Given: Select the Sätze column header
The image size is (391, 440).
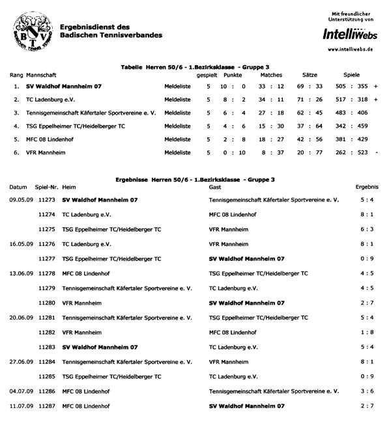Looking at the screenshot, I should click(x=310, y=76).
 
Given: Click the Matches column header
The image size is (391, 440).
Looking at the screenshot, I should click(x=271, y=76).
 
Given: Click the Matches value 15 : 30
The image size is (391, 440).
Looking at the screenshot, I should click(x=271, y=126).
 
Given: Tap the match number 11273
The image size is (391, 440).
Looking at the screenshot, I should click(x=46, y=200).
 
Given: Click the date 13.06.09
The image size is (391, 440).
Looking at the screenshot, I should click(x=18, y=273).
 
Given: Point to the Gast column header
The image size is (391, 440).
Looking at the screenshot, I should click(x=215, y=187).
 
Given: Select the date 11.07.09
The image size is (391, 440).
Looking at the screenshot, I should click(x=18, y=406).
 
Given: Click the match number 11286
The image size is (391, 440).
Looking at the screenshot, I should click(x=46, y=391).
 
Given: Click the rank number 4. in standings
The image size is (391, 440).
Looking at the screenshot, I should click(x=16, y=126).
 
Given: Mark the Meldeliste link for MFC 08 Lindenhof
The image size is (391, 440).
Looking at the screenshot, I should click(x=177, y=139).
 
